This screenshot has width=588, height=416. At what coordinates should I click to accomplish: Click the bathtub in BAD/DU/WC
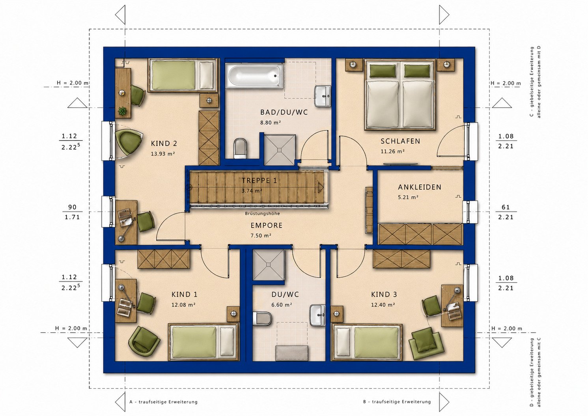254,76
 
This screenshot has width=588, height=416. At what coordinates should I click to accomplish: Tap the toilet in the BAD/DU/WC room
240,149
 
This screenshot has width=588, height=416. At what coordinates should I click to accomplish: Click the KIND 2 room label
164,144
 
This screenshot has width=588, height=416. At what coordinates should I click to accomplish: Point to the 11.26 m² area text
392,151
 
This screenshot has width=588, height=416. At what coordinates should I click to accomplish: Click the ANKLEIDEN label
420,187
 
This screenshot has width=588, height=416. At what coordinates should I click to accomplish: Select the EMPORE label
267,226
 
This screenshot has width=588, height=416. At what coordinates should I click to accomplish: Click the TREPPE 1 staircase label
259,181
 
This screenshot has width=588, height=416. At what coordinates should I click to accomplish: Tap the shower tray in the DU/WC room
269,265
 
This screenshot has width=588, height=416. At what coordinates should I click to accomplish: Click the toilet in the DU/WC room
262,318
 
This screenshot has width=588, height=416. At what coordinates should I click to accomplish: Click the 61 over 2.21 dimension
506,212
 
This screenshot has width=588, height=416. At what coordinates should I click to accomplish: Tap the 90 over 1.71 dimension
72,212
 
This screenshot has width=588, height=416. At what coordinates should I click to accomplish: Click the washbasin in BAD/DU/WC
323,96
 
